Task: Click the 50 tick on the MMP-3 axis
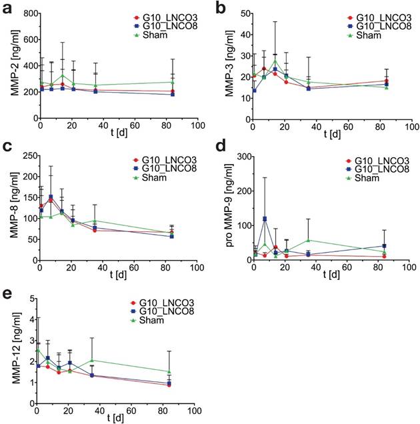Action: point(243,13)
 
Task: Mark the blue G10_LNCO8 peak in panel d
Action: point(265,219)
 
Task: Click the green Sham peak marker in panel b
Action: point(275,61)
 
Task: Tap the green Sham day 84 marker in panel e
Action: point(170,371)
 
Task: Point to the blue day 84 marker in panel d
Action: point(385,245)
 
